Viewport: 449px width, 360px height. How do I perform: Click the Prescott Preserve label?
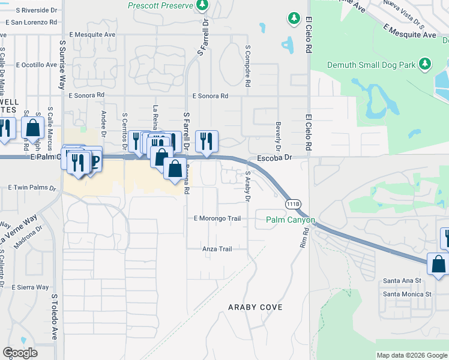point(161,5)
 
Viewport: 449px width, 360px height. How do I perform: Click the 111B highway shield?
point(293,203)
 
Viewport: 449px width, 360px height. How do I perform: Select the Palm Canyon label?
point(291,220)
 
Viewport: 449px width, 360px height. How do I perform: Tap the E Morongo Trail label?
point(217,218)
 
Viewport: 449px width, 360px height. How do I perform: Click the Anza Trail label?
point(217,249)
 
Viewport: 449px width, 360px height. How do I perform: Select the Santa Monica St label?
point(408,294)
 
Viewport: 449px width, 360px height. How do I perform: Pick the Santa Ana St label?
point(403,280)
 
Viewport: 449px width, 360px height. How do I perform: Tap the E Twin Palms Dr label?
point(32,188)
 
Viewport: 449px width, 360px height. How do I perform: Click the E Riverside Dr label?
point(37,11)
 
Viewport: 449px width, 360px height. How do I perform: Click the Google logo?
point(20,353)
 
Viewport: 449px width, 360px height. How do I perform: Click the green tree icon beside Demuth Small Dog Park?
point(425,64)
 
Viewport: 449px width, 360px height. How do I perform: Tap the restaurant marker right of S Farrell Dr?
point(206,142)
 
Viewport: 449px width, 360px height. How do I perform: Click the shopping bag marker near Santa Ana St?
point(438,264)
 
